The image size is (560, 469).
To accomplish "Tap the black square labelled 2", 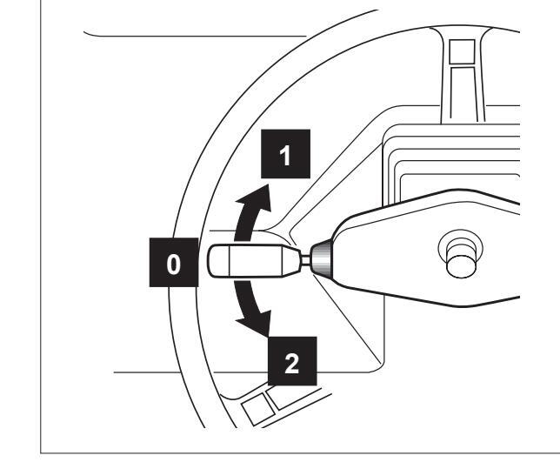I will (291, 361).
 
